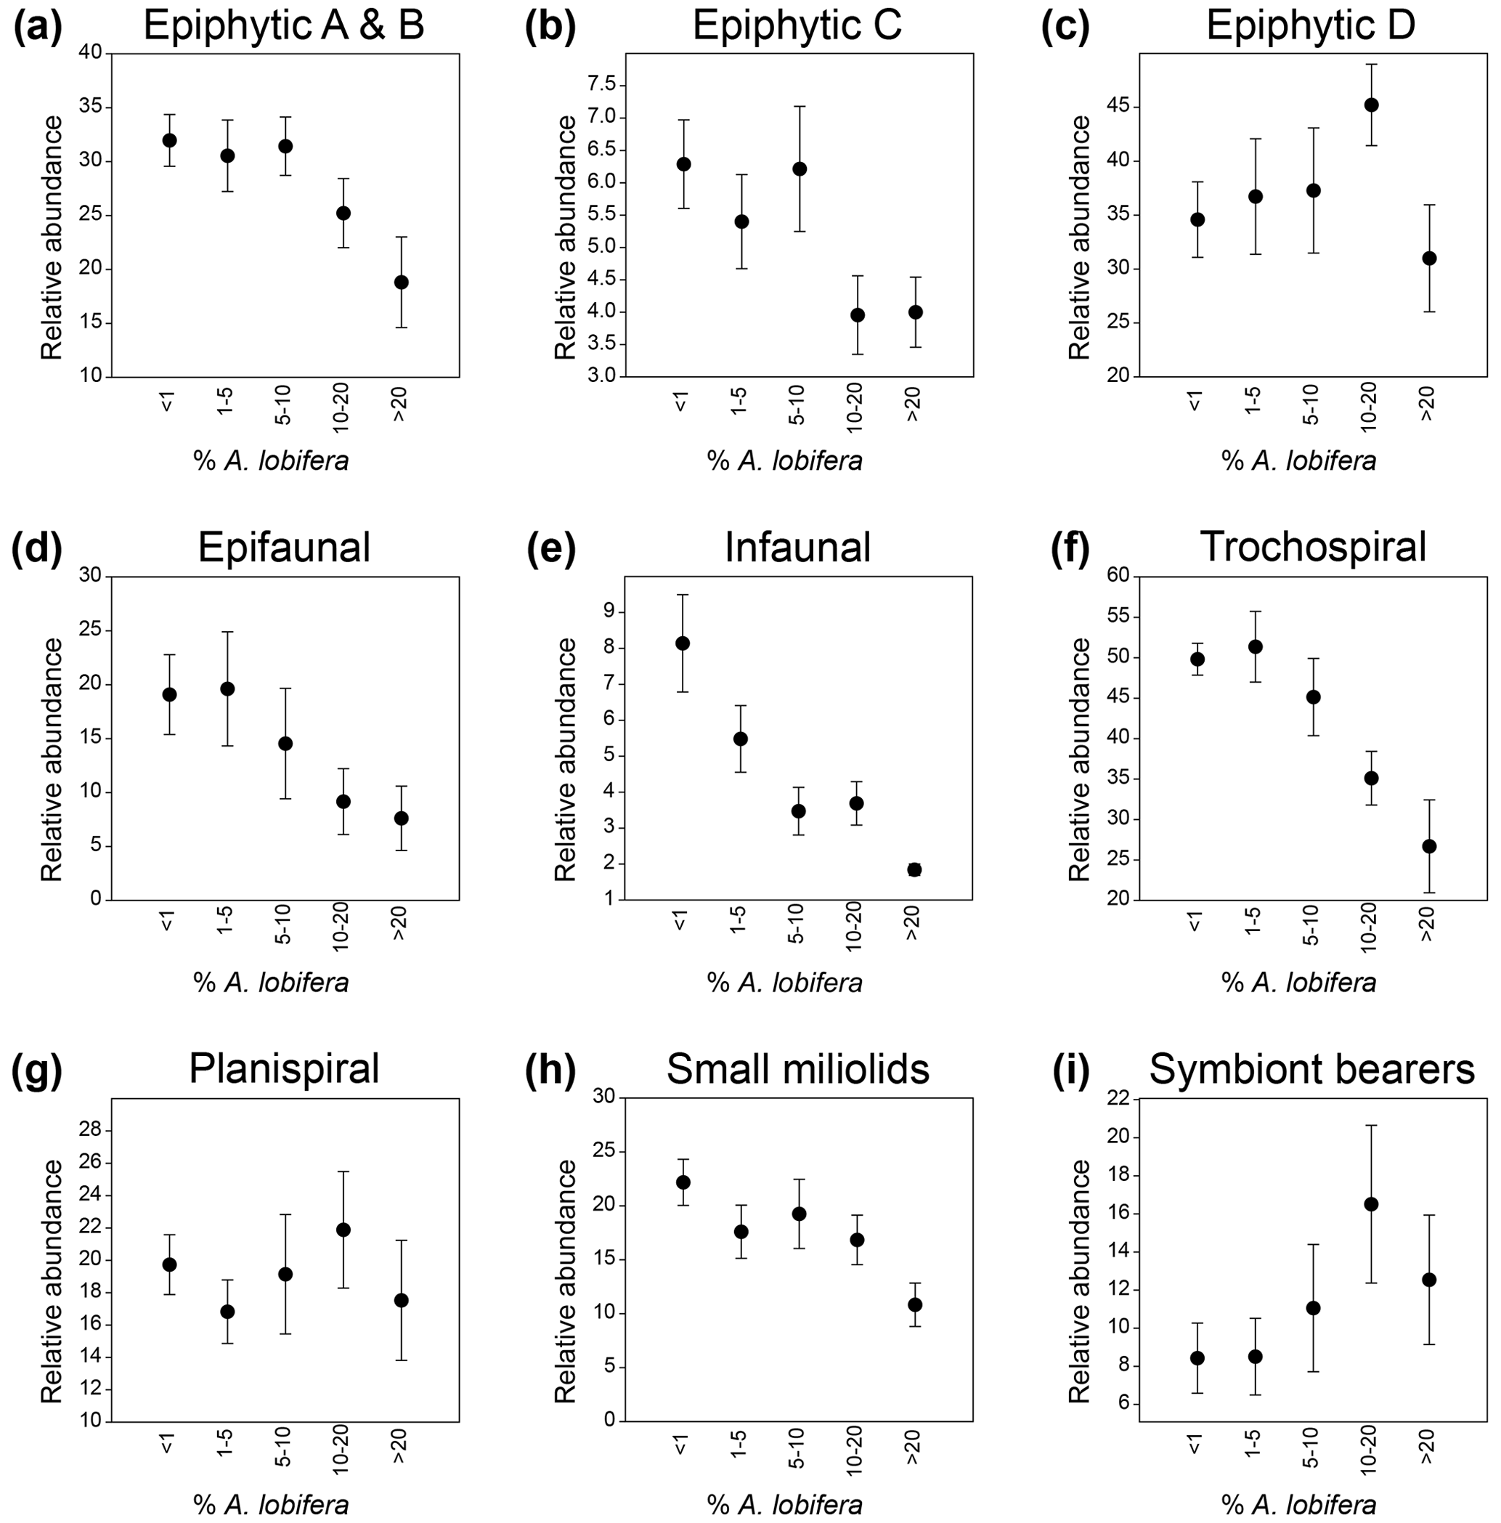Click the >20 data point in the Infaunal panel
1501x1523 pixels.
tap(914, 869)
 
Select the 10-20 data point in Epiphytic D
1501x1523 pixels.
tap(1371, 105)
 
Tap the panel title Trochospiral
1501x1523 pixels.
tap(1313, 546)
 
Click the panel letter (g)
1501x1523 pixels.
tap(36, 1069)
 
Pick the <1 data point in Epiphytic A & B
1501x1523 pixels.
tap(169, 140)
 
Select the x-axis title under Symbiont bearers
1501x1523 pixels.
tap(1298, 1504)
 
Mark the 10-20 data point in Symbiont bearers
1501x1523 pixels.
tap(1371, 1203)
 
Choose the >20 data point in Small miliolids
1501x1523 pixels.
tap(914, 1304)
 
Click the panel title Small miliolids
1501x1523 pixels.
tap(798, 1070)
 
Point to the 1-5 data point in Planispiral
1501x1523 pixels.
tap(227, 1311)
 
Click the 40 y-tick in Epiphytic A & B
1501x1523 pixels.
tap(92, 53)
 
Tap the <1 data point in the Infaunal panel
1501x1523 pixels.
tap(683, 643)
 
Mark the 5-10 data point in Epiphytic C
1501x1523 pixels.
tap(799, 168)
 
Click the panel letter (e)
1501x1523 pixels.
tap(550, 547)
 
